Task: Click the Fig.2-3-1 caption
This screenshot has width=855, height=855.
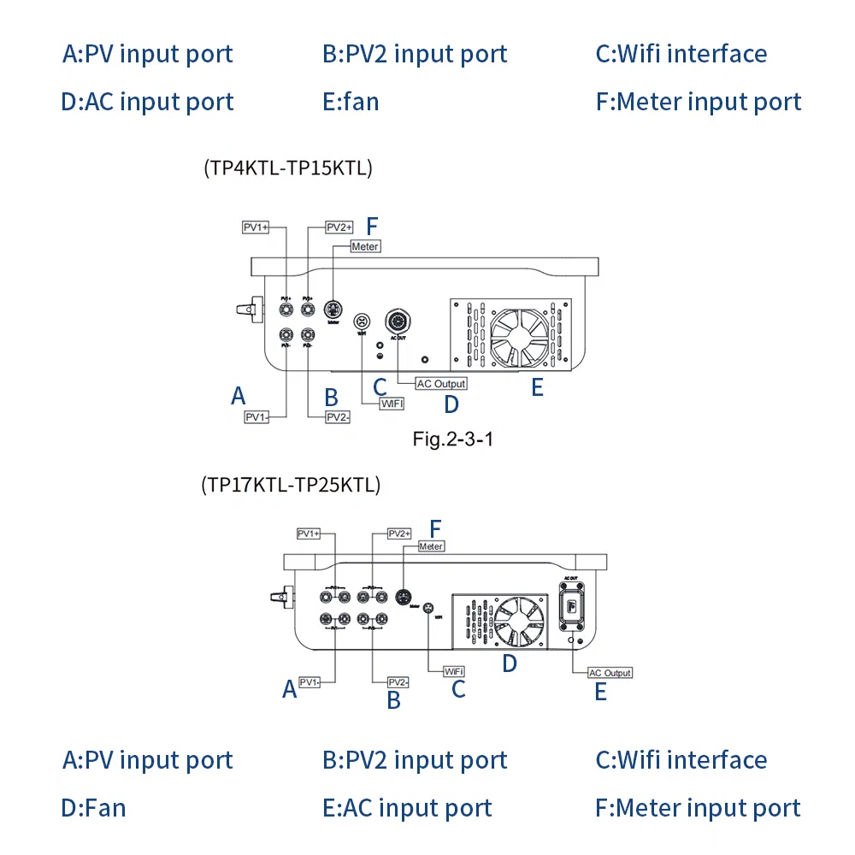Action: (x=452, y=440)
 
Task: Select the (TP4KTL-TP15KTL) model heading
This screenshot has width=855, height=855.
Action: (x=288, y=168)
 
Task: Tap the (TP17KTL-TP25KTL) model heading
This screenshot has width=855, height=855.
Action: (x=291, y=485)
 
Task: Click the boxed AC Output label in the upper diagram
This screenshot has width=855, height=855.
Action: (x=441, y=384)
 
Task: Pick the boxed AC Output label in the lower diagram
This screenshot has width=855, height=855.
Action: (x=610, y=673)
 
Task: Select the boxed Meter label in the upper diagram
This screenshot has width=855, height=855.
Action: (x=366, y=246)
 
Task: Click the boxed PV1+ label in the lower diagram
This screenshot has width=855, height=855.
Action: (x=309, y=534)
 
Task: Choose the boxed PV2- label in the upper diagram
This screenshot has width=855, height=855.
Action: (x=337, y=417)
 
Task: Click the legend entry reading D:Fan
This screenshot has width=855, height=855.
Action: (x=93, y=808)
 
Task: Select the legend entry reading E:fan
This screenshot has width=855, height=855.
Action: (x=351, y=102)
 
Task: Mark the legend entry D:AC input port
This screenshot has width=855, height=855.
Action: (x=147, y=102)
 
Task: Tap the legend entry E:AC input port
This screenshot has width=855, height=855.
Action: (x=407, y=808)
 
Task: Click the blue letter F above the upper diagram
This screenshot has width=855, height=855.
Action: (x=371, y=227)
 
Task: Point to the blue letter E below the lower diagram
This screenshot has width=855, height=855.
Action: (x=600, y=693)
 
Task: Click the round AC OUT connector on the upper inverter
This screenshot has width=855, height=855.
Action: (x=397, y=321)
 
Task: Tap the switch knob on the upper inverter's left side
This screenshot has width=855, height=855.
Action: (x=246, y=306)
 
